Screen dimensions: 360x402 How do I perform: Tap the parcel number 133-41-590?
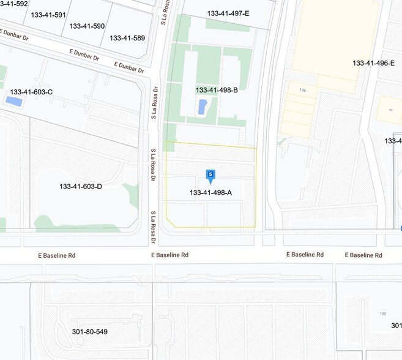click(x=87, y=26)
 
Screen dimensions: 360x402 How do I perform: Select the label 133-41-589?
click(x=127, y=37)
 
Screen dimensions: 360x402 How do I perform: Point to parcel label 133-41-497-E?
click(x=228, y=13)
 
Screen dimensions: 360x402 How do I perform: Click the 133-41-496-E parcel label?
click(x=373, y=62)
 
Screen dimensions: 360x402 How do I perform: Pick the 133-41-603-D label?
click(x=81, y=186)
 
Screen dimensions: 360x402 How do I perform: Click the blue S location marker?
click(x=210, y=175)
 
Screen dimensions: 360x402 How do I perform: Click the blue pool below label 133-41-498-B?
click(x=203, y=107)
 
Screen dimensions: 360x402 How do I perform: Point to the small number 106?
click(x=302, y=90)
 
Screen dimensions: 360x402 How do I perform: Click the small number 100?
click(x=383, y=313)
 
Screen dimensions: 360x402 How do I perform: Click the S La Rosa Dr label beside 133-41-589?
click(x=164, y=12)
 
